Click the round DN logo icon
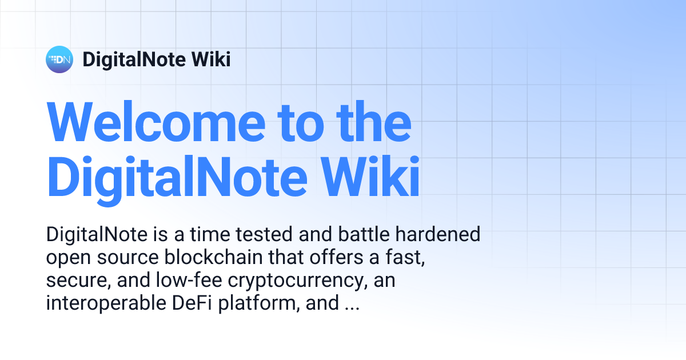point(59,59)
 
